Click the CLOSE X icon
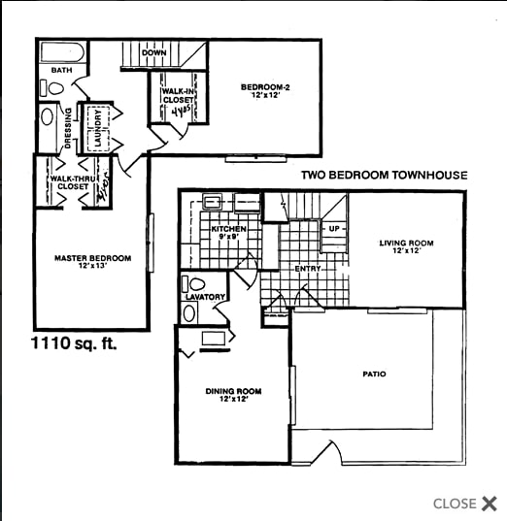[x=489, y=503]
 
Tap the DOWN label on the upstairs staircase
[x=152, y=52]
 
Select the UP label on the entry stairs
[x=334, y=229]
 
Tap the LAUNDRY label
[x=97, y=129]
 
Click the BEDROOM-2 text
[x=265, y=87]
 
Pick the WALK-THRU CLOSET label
[x=71, y=183]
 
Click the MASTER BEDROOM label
[x=92, y=258]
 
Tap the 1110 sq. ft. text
[x=73, y=342]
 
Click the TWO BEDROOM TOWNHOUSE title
[x=384, y=176]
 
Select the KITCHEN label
[x=228, y=229]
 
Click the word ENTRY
[x=308, y=269]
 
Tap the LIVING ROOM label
[x=406, y=243]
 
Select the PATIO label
[x=374, y=374]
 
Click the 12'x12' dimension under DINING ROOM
[x=233, y=400]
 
